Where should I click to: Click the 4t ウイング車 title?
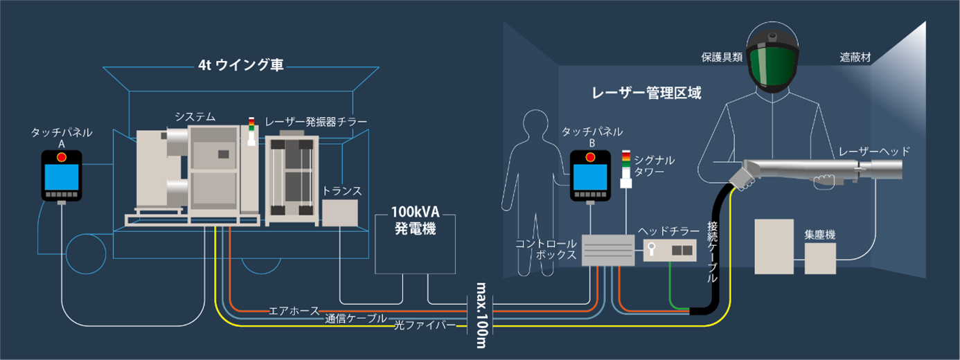[240, 66]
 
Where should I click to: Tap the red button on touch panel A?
[62, 157]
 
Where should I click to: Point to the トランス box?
[340, 213]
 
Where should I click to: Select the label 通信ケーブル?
[356, 318]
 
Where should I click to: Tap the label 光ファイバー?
[425, 325]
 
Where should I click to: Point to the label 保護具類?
[721, 58]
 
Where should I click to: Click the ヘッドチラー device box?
[669, 250]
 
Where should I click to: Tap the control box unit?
[607, 250]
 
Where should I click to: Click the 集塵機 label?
[819, 235]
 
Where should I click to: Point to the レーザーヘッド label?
[874, 151]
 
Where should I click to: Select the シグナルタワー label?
[655, 165]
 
